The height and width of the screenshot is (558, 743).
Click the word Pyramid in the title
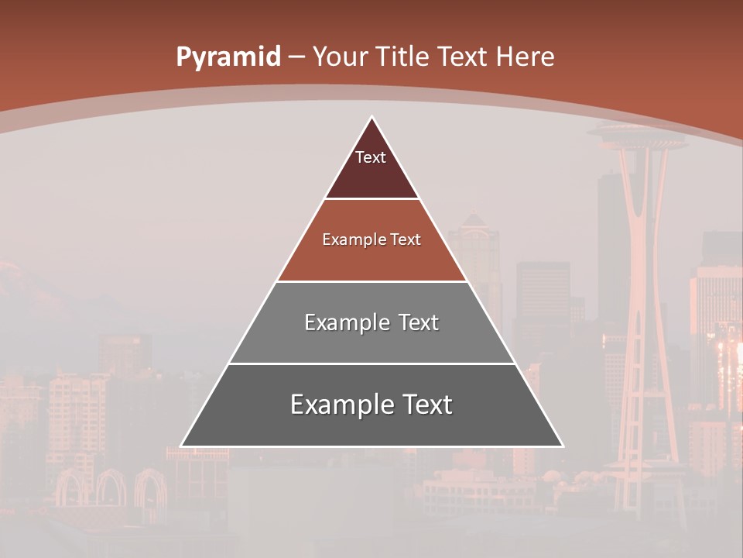(x=228, y=57)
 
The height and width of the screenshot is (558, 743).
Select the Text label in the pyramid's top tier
(x=371, y=157)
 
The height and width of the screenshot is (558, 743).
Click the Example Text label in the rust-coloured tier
(x=371, y=239)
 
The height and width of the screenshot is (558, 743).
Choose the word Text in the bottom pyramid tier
(x=423, y=405)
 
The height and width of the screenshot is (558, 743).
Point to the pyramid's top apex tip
(x=371, y=117)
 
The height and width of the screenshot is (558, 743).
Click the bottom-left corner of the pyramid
(x=182, y=446)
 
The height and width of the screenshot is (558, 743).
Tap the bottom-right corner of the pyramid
(x=562, y=446)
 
